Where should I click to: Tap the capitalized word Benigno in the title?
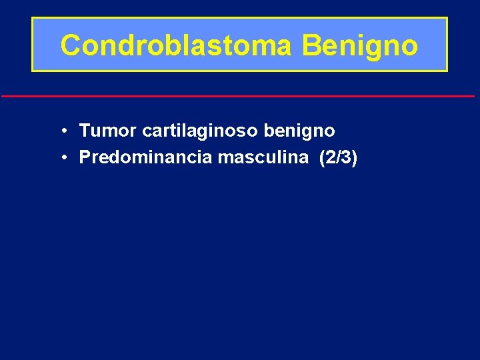tap(360, 45)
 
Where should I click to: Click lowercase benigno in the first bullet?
tap(299, 131)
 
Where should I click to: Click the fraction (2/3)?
tap(339, 157)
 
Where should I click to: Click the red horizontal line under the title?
tap(238, 97)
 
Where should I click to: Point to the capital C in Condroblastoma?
tap(69, 45)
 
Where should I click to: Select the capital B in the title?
tap(311, 45)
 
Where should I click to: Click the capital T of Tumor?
tap(85, 131)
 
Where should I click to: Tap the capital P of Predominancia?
tap(85, 157)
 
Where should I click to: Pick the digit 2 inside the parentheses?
tap(331, 157)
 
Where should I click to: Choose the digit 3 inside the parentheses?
tap(347, 157)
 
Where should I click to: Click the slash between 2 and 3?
tap(339, 157)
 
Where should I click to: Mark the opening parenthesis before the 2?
tap(323, 157)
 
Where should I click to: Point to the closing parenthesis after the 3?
tap(355, 157)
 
